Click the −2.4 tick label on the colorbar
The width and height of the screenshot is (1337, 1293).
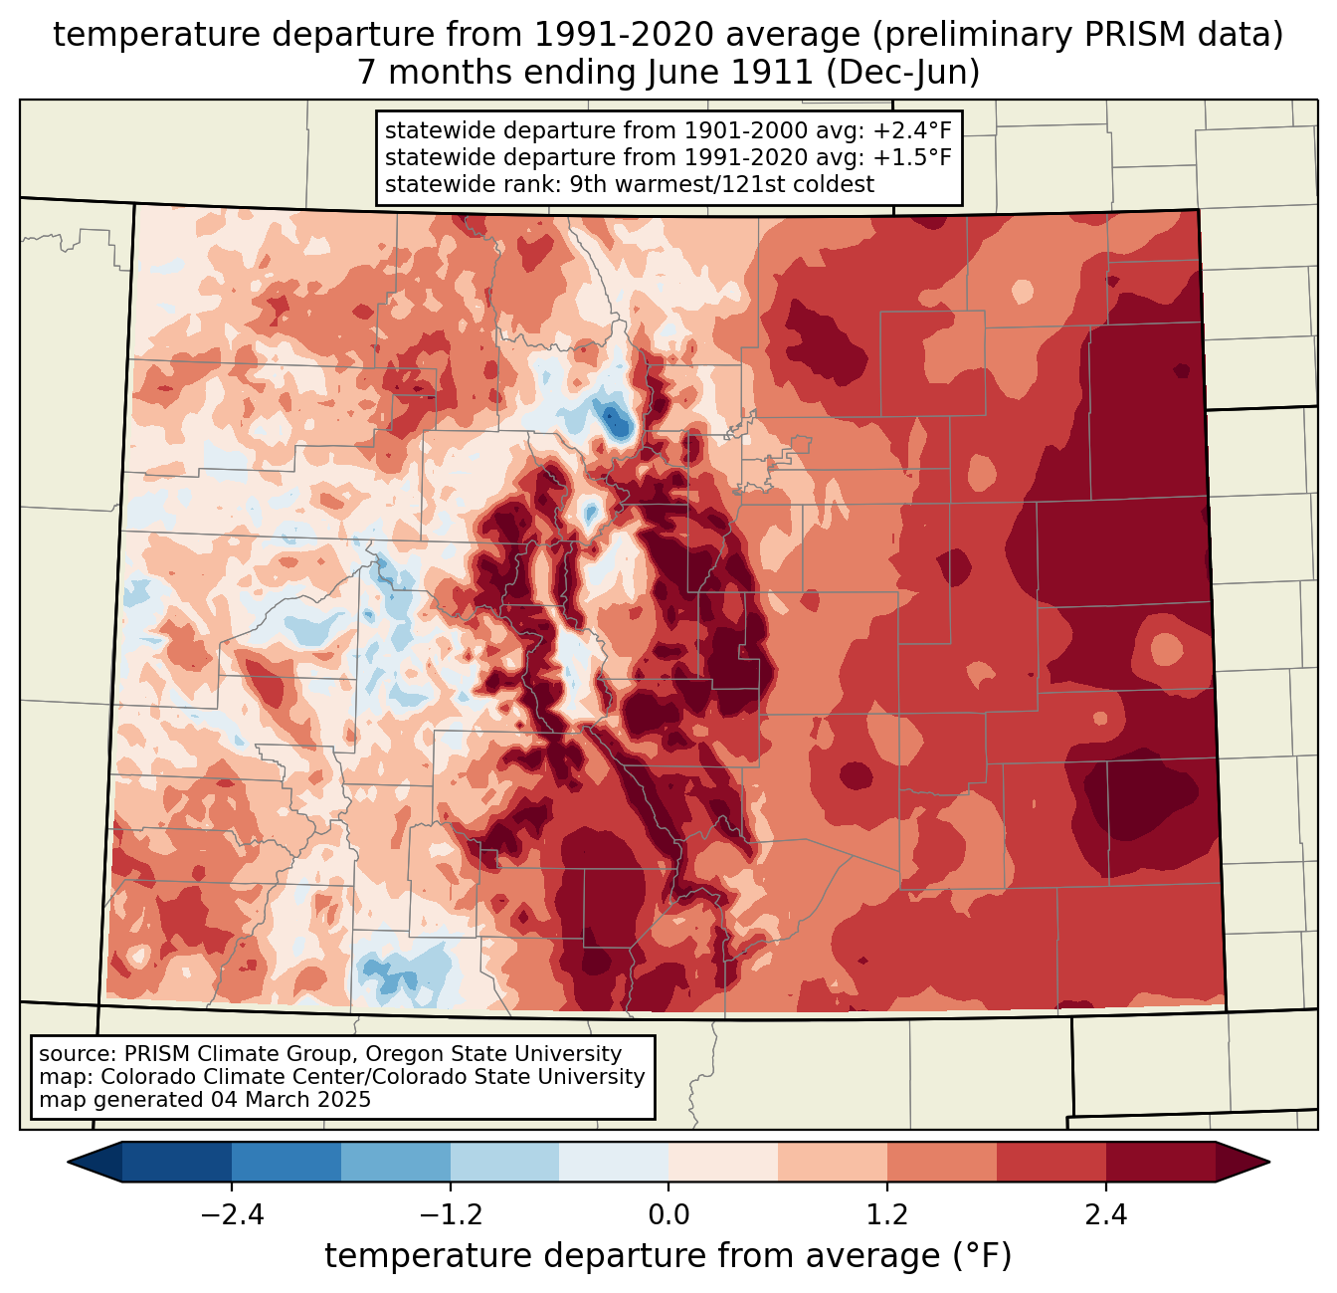pyautogui.click(x=231, y=1215)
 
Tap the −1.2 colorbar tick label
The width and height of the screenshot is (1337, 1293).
pyautogui.click(x=450, y=1215)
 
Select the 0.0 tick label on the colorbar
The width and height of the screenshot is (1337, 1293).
pyautogui.click(x=668, y=1215)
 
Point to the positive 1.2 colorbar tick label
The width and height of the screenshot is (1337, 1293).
pyautogui.click(x=887, y=1215)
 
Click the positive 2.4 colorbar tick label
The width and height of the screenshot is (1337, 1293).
pyautogui.click(x=1106, y=1215)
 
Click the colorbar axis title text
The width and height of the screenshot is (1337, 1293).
pyautogui.click(x=668, y=1256)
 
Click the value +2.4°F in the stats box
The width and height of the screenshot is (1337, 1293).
pyautogui.click(x=912, y=130)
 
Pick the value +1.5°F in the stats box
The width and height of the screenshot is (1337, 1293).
pyautogui.click(x=912, y=157)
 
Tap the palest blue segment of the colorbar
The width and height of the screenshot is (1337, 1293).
pyautogui.click(x=614, y=1162)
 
